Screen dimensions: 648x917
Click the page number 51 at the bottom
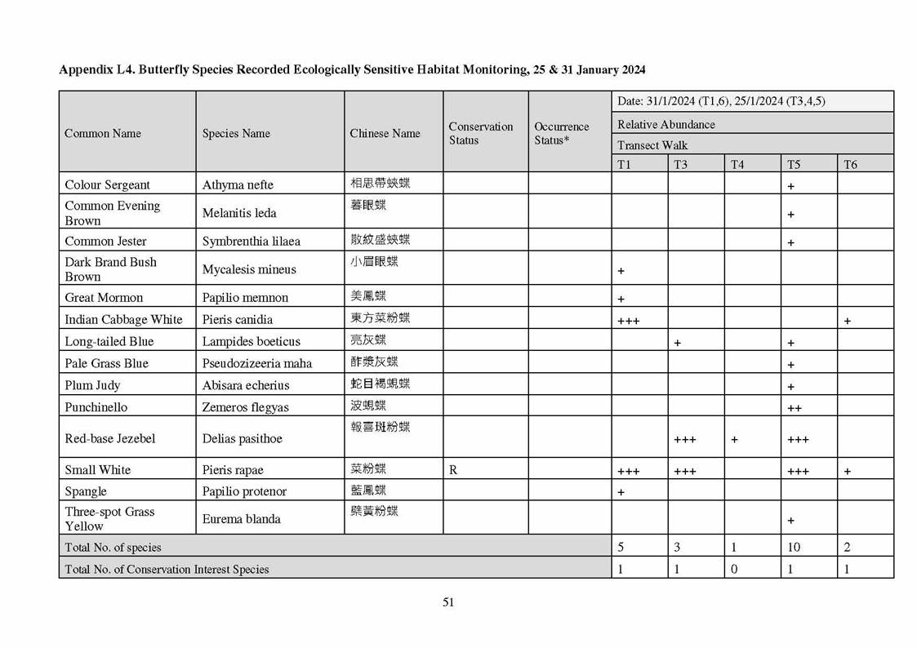(448, 602)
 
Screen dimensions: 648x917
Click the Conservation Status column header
(481, 133)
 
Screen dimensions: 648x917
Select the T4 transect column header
(737, 164)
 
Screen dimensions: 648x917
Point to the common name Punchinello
(96, 406)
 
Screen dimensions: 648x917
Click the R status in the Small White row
(454, 469)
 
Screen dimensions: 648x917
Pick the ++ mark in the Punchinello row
(794, 408)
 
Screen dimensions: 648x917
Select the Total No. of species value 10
(794, 547)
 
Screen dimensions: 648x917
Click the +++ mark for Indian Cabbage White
(629, 321)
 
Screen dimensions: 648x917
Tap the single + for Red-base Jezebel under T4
(735, 440)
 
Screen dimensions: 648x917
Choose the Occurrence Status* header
(562, 133)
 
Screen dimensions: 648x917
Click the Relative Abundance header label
(666, 124)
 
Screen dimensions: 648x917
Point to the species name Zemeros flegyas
(246, 406)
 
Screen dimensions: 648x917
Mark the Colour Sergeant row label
(108, 184)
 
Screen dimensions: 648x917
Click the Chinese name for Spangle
(369, 490)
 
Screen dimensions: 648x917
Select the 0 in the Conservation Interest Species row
(734, 569)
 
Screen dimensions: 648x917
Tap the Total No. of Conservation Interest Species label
(167, 569)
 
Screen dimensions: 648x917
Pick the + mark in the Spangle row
(621, 493)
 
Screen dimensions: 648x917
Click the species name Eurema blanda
(242, 518)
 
